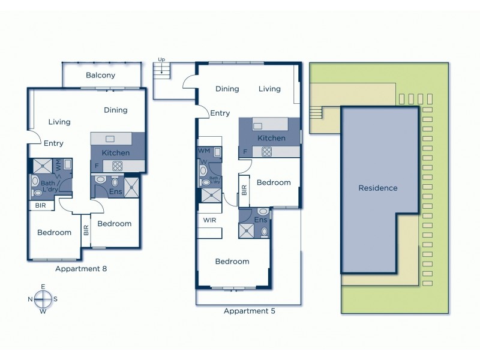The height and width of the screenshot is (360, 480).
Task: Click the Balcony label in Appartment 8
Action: click(x=100, y=76)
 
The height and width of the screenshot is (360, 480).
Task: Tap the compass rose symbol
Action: click(x=43, y=298)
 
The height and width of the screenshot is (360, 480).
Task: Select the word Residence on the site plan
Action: click(x=377, y=188)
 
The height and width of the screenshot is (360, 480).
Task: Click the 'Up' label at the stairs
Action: click(x=161, y=59)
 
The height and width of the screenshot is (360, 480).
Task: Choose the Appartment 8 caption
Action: click(x=81, y=269)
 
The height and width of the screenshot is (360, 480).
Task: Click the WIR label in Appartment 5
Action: click(x=209, y=220)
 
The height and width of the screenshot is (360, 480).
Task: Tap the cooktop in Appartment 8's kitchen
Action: click(x=117, y=166)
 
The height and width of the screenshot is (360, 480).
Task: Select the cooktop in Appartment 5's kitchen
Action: click(x=278, y=152)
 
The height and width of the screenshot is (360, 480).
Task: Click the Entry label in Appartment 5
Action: click(x=220, y=113)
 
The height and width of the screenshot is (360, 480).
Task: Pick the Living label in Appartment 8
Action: click(x=59, y=122)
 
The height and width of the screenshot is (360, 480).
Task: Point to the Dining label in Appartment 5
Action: click(x=227, y=89)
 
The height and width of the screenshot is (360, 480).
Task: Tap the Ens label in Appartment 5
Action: click(x=260, y=220)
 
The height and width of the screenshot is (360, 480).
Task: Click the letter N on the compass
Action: click(x=30, y=299)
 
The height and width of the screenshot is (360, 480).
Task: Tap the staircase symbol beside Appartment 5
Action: click(x=161, y=71)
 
